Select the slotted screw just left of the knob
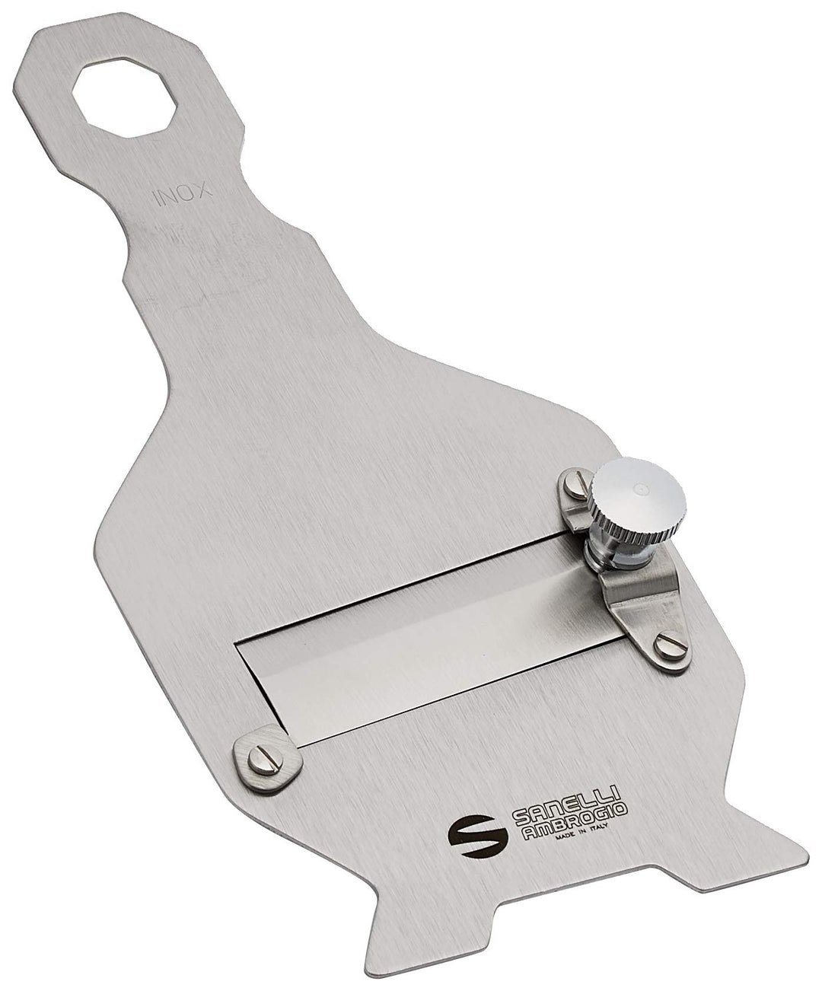point(575,485)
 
